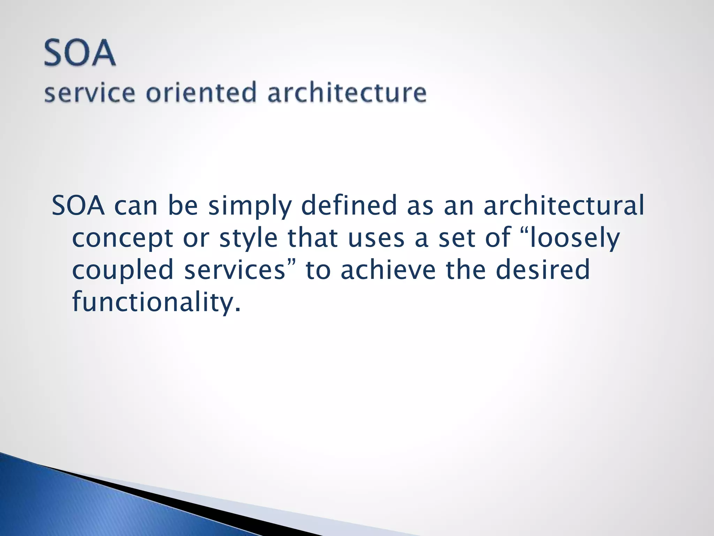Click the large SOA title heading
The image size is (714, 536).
[80, 53]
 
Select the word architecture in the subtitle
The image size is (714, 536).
[347, 92]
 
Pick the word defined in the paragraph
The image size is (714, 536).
[349, 206]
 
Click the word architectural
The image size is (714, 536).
[564, 206]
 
